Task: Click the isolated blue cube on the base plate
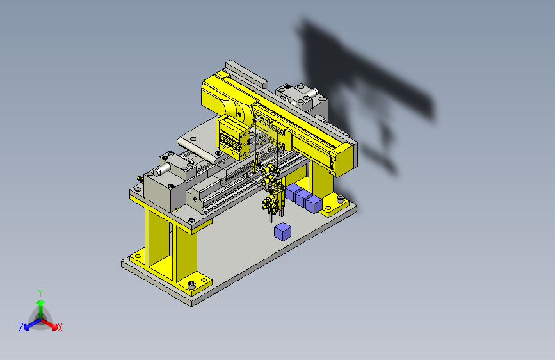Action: (282, 232)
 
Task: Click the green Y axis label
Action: (40, 293)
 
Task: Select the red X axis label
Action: (60, 328)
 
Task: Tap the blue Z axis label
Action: (21, 327)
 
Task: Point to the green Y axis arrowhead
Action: (41, 302)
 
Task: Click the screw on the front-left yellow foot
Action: (191, 284)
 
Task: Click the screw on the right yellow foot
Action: (341, 199)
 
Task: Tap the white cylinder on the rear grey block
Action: (310, 93)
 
